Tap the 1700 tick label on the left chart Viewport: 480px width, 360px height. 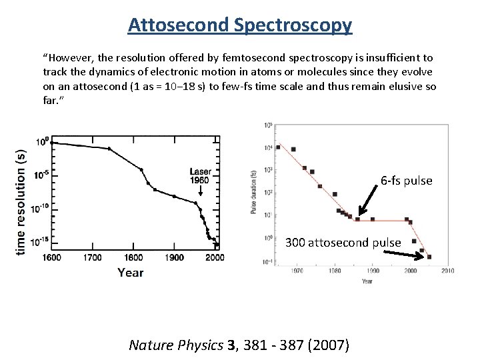(93, 257)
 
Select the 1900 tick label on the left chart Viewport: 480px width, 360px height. (175, 257)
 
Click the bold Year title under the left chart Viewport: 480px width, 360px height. (131, 272)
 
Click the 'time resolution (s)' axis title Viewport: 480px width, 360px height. (22, 200)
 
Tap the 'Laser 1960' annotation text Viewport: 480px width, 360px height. (200, 176)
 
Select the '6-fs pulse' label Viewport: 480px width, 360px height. (406, 181)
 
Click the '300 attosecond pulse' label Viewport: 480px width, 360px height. (343, 243)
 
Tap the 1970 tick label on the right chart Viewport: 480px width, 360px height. (298, 271)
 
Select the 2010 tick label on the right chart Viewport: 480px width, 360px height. (447, 271)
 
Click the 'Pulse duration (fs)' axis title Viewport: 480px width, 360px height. (253, 193)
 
